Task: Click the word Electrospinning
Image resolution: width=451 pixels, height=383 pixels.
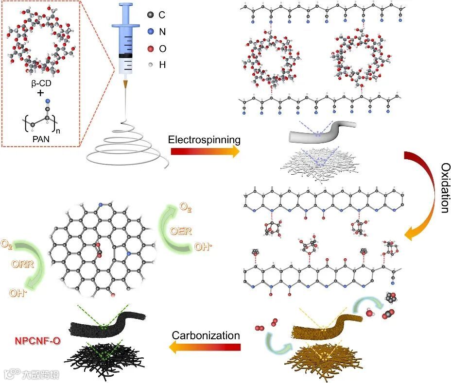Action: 205,140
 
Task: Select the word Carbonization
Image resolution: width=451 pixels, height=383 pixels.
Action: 206,335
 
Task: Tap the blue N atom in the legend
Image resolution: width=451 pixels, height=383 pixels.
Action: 150,32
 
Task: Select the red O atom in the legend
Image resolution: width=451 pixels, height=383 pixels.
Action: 150,48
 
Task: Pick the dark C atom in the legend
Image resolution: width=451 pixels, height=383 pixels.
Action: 150,15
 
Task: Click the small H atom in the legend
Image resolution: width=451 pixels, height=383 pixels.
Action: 150,64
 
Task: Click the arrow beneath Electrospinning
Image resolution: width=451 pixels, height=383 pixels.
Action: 205,151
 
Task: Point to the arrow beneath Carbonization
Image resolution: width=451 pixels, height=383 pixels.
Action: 205,347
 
